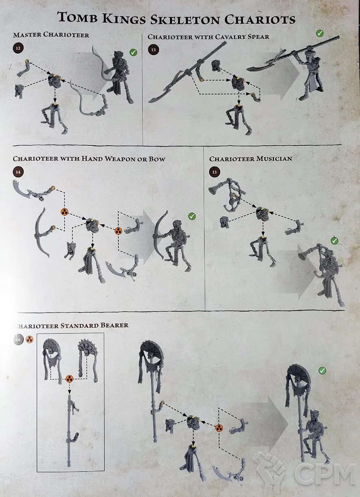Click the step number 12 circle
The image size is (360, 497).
18,48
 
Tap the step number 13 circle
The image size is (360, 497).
154,50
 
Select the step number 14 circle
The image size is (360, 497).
18,172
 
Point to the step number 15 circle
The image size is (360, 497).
214,172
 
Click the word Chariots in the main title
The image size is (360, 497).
260,19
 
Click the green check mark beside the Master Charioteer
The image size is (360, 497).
133,52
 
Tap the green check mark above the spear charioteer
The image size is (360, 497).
319,33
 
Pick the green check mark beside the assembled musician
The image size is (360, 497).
334,241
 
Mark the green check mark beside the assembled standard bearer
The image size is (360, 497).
322,371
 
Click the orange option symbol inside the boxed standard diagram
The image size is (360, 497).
69,379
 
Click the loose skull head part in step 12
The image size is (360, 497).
19,91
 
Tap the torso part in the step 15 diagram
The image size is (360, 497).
263,213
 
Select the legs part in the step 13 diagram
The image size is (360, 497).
238,120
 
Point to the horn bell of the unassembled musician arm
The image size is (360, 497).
213,190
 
